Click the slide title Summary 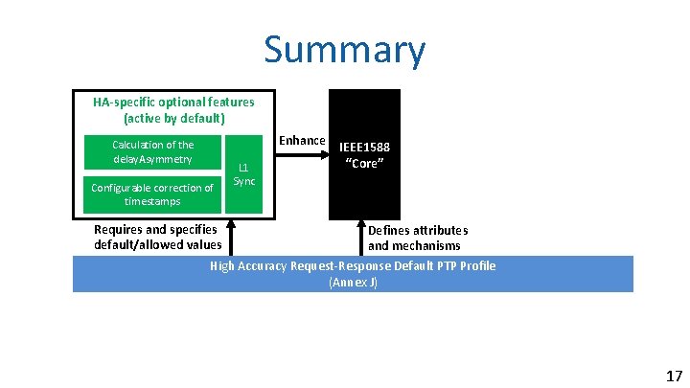coord(345,50)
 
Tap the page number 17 coord(674,375)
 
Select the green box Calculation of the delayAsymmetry coord(152,151)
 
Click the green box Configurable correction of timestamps coord(152,194)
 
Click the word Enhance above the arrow coord(302,141)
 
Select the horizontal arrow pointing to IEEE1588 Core coord(302,152)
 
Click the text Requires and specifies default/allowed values coord(157,237)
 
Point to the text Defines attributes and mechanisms coord(418,238)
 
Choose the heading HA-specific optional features coord(173,102)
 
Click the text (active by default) coord(173,119)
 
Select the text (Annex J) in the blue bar coord(353,283)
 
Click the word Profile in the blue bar coord(476,265)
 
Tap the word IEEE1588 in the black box coord(364,148)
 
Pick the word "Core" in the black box coord(364,163)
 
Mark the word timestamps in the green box coord(152,202)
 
